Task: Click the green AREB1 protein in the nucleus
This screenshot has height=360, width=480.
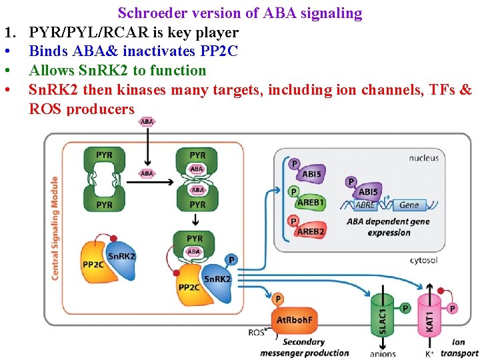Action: tap(309, 203)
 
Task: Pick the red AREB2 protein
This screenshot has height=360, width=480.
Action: tap(310, 231)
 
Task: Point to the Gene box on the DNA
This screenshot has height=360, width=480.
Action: tap(409, 205)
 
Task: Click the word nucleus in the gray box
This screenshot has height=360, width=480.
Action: tap(423, 158)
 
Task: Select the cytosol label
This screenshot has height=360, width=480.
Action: tap(423, 260)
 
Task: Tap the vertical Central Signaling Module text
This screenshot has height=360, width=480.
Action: tap(55, 227)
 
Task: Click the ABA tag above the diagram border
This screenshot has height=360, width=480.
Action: tap(147, 122)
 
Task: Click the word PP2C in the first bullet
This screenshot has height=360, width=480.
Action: tap(218, 51)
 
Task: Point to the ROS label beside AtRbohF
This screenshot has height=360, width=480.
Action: tap(256, 332)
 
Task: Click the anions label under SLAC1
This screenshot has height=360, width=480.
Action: tap(382, 354)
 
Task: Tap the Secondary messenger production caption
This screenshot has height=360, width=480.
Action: tap(304, 347)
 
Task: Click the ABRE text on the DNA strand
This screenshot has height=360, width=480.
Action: tap(365, 205)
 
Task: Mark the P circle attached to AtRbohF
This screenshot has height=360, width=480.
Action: tap(278, 299)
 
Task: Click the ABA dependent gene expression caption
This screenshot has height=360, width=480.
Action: tap(388, 227)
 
